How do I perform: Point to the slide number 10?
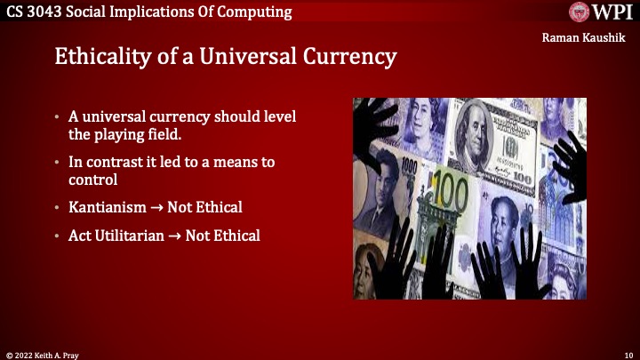coord(628,353)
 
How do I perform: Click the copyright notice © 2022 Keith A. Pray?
coord(42,353)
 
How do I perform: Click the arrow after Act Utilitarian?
coord(177,236)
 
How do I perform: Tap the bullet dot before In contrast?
coord(57,163)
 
